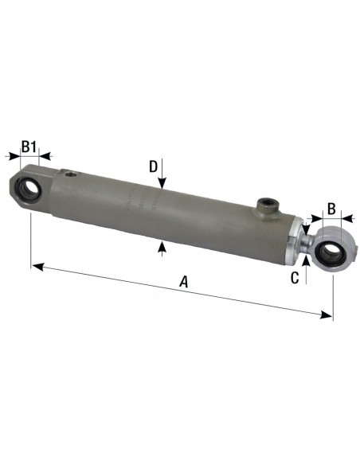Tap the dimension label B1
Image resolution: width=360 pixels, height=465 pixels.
(29, 147)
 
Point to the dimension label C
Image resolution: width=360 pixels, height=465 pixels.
(295, 277)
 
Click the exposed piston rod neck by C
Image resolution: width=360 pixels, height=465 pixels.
(306, 242)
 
